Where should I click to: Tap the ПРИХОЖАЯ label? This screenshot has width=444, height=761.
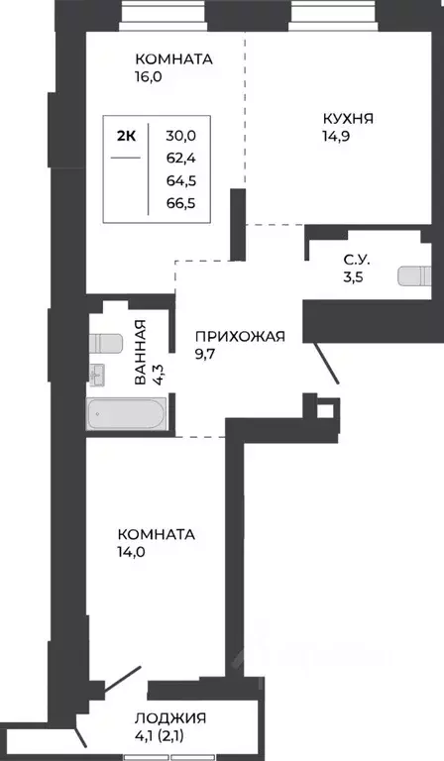click(239, 336)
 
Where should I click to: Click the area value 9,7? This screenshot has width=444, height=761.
click(209, 355)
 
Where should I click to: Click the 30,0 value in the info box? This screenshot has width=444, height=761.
click(181, 134)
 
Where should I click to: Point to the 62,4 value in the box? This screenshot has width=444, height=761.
click(181, 158)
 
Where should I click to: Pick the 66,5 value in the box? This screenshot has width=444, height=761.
click(181, 205)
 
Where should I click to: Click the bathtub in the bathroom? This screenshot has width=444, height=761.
click(127, 414)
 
